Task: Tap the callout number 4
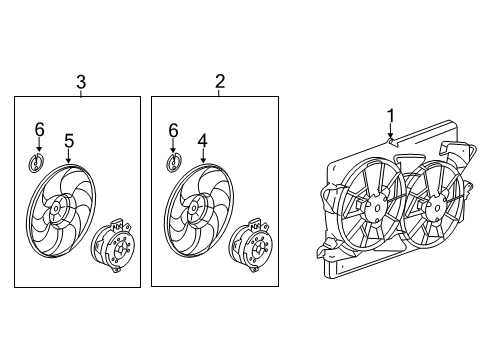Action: [x=203, y=141]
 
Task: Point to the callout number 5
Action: [x=68, y=141]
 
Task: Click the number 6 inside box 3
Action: [x=39, y=129]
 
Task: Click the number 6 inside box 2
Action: [x=174, y=129]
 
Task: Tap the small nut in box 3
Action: [x=39, y=164]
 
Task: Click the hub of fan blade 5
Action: [x=58, y=208]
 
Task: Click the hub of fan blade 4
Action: [x=193, y=208]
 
